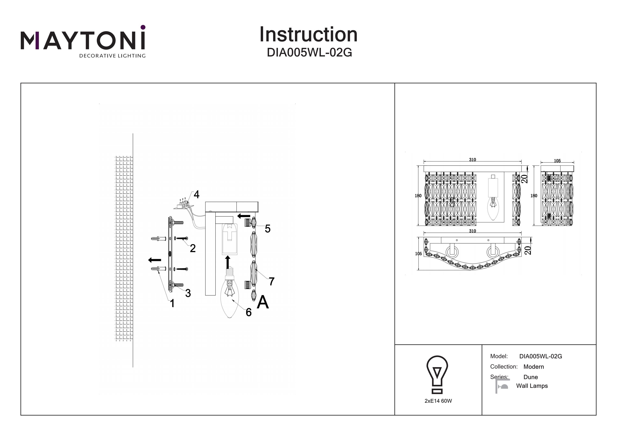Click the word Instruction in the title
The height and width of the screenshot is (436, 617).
(x=308, y=35)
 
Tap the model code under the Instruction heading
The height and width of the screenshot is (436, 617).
(x=309, y=53)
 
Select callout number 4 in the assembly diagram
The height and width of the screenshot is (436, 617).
(x=196, y=194)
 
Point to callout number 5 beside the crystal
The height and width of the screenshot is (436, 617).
(x=267, y=229)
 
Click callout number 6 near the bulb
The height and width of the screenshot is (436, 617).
(x=249, y=312)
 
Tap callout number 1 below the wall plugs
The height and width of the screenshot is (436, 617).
(x=172, y=304)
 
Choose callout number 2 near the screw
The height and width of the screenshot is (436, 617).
(x=193, y=248)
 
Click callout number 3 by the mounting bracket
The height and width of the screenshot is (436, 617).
(x=188, y=293)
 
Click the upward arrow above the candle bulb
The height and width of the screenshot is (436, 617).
(x=228, y=262)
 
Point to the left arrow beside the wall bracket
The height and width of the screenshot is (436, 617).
(x=154, y=260)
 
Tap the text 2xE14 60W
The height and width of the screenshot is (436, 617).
(x=438, y=401)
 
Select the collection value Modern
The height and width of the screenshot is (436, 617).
(x=533, y=367)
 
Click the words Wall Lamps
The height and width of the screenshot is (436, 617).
(x=532, y=386)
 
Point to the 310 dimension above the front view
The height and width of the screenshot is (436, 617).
(x=472, y=160)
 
